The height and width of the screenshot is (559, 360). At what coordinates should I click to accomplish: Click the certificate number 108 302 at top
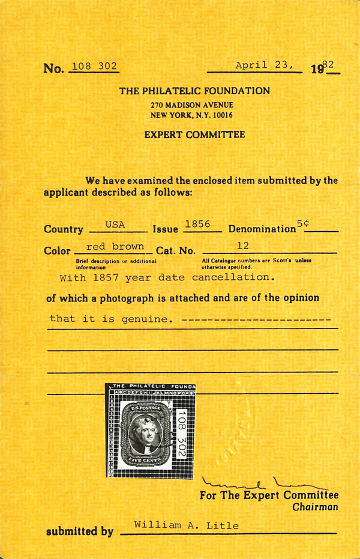[x=94, y=66]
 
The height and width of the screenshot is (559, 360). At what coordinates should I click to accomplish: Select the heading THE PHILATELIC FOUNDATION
[x=194, y=91]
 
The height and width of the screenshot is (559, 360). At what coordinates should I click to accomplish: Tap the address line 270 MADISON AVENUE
[x=191, y=104]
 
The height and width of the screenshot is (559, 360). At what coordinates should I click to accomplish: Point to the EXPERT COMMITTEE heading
[x=194, y=135]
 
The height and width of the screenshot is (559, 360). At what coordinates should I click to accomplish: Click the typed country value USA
[x=115, y=225]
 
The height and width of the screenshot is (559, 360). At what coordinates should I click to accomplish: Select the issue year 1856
[x=197, y=224]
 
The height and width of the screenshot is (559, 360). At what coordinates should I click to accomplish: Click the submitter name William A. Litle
[x=186, y=526]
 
